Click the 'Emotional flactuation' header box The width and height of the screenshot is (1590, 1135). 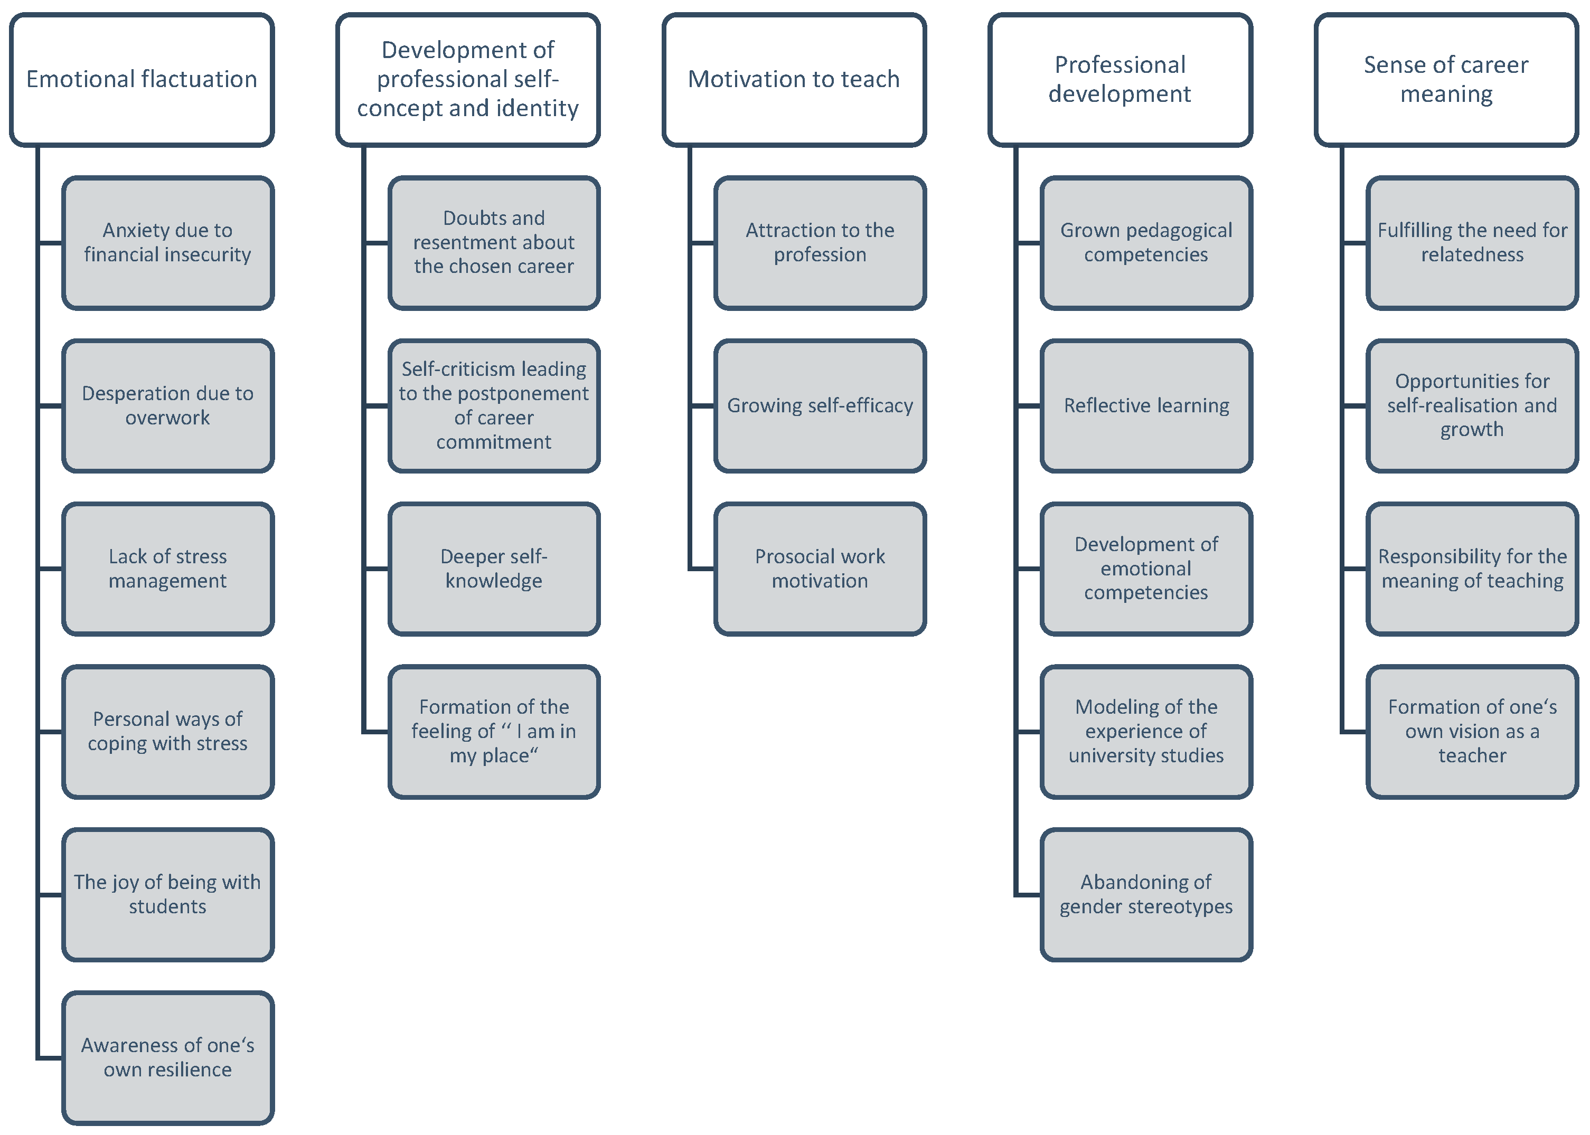click(142, 80)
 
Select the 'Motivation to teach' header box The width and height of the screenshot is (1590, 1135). click(794, 80)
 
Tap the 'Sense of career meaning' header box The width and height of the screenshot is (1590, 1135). click(1446, 80)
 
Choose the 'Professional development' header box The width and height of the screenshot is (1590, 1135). click(1121, 80)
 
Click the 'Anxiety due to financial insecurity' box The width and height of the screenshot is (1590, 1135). click(168, 242)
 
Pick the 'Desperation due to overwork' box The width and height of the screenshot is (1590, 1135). click(168, 405)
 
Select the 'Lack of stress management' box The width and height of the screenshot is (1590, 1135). click(168, 569)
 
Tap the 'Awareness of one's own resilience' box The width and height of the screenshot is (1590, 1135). click(168, 1057)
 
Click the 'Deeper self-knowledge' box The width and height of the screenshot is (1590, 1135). click(494, 569)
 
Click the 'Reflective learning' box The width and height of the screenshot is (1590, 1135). click(1146, 405)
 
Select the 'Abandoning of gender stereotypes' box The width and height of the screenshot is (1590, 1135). click(1146, 895)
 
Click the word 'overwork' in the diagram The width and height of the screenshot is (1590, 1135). click(168, 418)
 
